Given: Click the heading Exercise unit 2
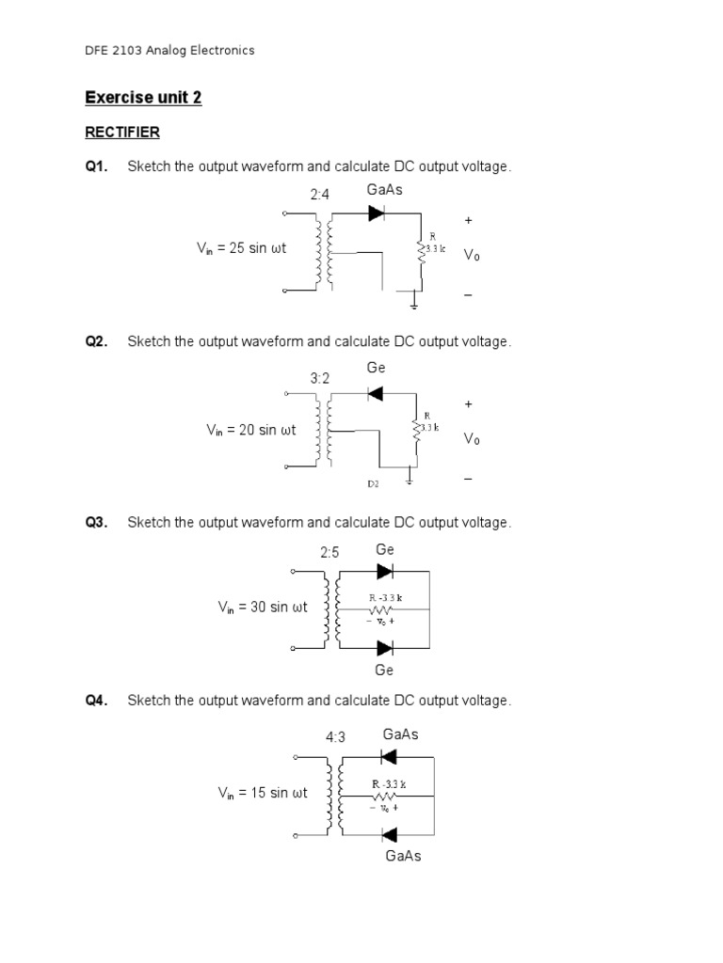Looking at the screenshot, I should pyautogui.click(x=143, y=98).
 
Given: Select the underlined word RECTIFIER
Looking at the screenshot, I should pyautogui.click(x=122, y=133).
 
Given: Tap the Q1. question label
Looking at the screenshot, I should pyautogui.click(x=96, y=166).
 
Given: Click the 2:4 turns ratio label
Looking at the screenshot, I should pyautogui.click(x=320, y=195).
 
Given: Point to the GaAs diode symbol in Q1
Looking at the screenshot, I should pyautogui.click(x=376, y=213).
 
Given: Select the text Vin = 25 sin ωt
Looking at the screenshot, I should pyautogui.click(x=241, y=248).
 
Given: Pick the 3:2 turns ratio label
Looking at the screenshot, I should pyautogui.click(x=320, y=378).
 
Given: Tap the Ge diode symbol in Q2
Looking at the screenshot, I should pyautogui.click(x=375, y=393).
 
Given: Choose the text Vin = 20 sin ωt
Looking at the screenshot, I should pyautogui.click(x=251, y=430).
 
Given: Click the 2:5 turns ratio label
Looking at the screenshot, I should pyautogui.click(x=329, y=553).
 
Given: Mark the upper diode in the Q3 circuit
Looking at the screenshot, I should pyautogui.click(x=384, y=571).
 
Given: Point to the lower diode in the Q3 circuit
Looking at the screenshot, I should pyautogui.click(x=384, y=648).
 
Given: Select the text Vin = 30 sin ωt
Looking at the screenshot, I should pyautogui.click(x=263, y=608).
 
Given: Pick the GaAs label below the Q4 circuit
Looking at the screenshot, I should pyautogui.click(x=403, y=856).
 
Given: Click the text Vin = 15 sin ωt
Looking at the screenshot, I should pyautogui.click(x=263, y=793).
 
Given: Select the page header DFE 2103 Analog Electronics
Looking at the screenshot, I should pyautogui.click(x=169, y=51).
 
